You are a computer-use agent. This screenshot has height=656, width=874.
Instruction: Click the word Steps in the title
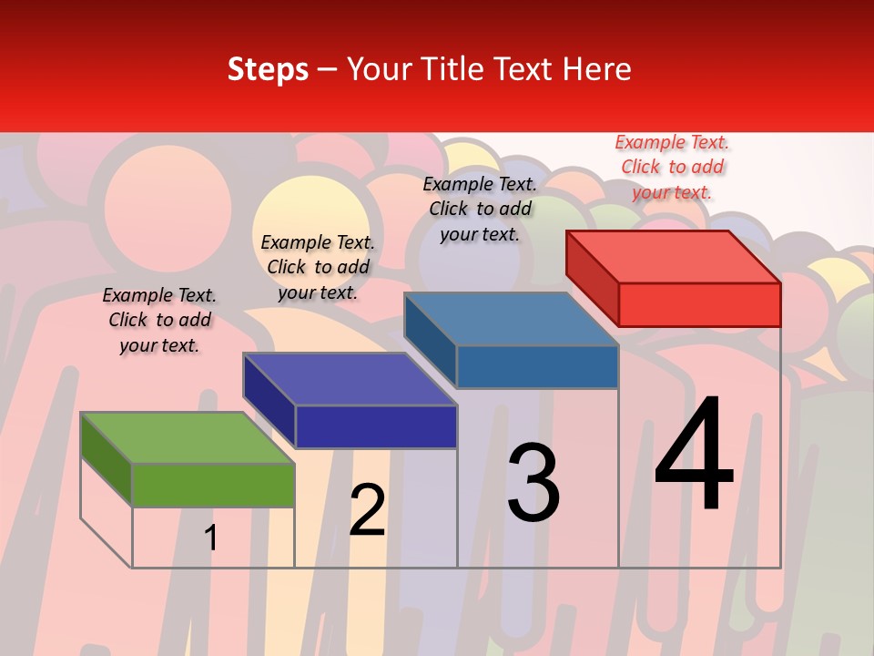pos(268,69)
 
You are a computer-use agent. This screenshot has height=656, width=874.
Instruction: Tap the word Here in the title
pos(595,69)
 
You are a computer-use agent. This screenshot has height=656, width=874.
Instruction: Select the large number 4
pos(694,456)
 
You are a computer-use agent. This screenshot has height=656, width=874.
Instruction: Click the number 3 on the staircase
pos(533,483)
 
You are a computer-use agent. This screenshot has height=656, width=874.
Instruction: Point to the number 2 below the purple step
pos(367,510)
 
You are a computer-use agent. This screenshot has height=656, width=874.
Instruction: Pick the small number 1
pos(211,538)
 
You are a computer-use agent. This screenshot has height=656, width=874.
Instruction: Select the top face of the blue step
pos(511,319)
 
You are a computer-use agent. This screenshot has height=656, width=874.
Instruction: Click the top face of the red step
pos(673,257)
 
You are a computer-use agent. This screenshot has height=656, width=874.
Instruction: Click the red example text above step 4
pos(672,167)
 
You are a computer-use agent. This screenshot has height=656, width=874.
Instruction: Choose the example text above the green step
pos(159,320)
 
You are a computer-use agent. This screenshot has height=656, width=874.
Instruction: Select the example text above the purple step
pos(318,267)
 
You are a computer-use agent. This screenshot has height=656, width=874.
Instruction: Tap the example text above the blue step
pos(480,209)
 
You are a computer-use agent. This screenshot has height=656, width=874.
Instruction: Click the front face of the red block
pos(699,304)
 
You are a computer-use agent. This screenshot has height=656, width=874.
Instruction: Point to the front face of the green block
pos(213,485)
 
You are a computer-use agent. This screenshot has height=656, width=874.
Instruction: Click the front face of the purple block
pos(376,426)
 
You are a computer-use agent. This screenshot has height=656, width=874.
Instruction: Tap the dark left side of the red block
pos(592,278)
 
